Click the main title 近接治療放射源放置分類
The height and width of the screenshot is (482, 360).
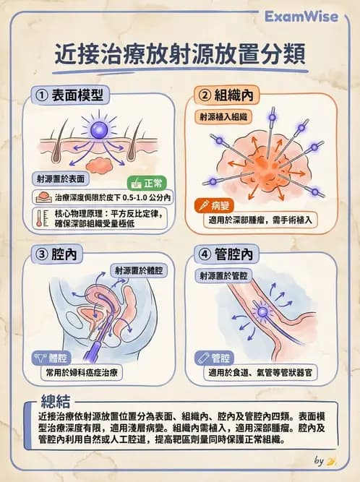(x=180, y=55)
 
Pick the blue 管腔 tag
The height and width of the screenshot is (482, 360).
(x=215, y=358)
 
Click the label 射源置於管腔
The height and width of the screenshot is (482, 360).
(x=222, y=275)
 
